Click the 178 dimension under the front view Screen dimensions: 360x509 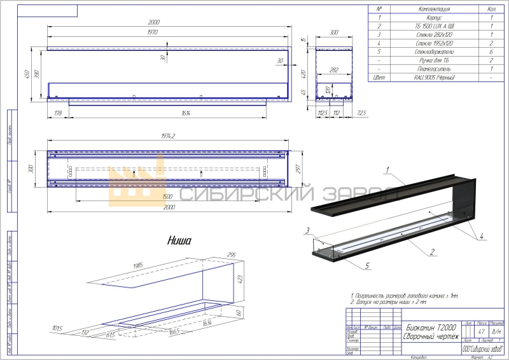coord(59,113)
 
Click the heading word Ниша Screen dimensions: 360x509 coord(179,240)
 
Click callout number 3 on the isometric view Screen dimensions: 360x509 coord(307,230)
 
